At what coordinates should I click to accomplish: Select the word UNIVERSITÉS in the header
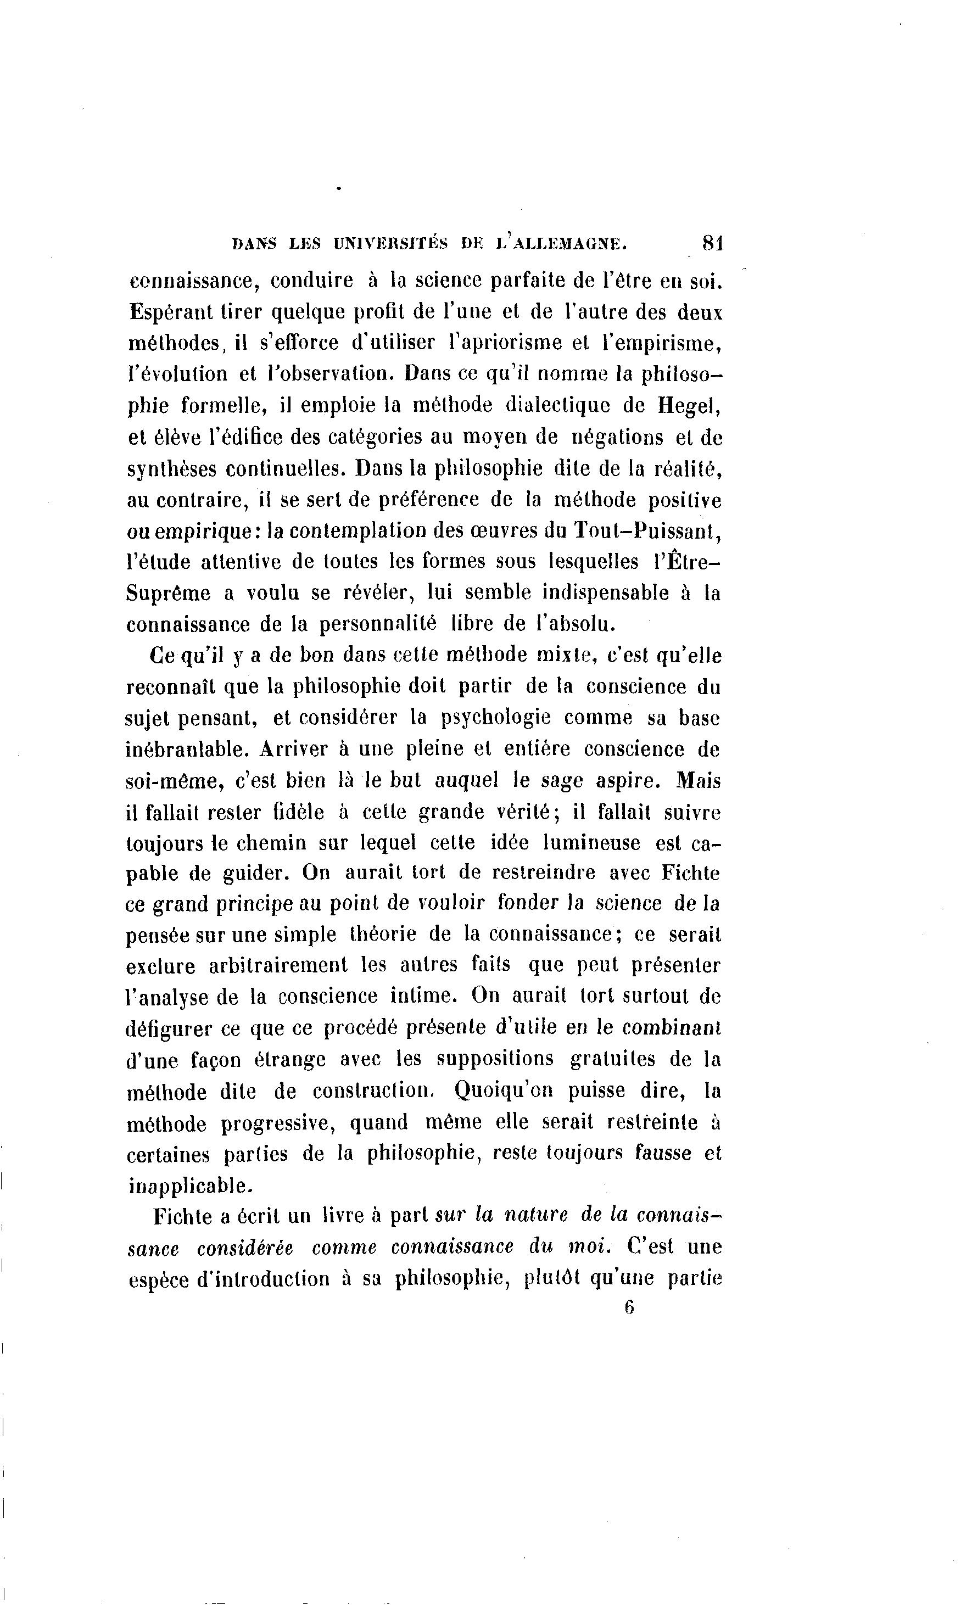point(390,244)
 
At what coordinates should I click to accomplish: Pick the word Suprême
point(168,594)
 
